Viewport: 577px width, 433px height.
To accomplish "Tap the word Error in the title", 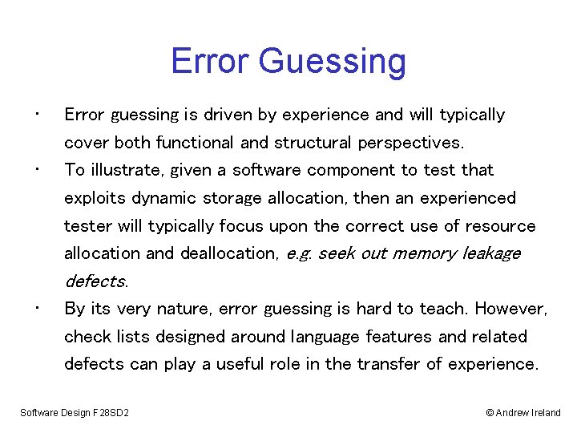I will [211, 61].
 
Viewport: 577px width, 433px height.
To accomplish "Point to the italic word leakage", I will [492, 254].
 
